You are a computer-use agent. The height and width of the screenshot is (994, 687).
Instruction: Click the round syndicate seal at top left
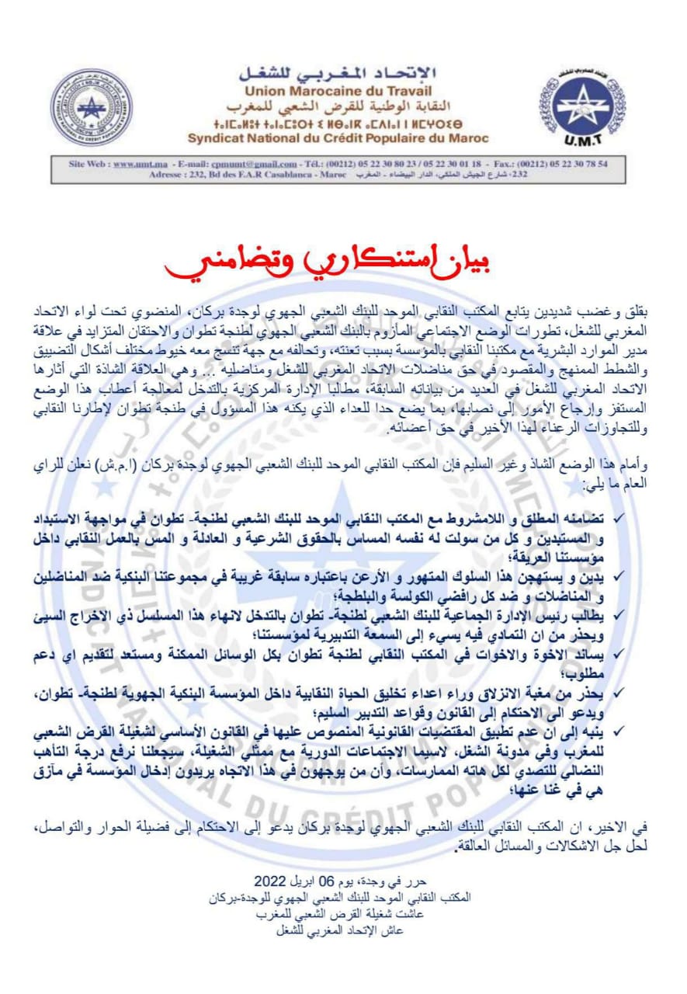[x=92, y=106]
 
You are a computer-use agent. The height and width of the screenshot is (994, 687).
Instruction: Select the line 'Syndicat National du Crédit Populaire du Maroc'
[x=338, y=138]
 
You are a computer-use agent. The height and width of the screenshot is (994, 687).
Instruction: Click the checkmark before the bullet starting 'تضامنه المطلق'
[x=618, y=516]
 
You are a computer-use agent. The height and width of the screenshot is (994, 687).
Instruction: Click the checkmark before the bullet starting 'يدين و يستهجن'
[x=618, y=575]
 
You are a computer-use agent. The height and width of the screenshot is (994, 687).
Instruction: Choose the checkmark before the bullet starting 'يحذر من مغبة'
[x=618, y=690]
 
